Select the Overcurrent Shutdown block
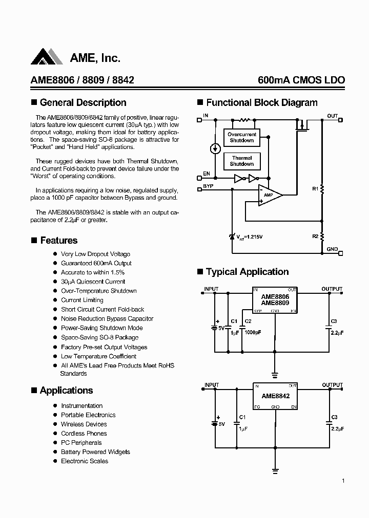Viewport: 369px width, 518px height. [241, 137]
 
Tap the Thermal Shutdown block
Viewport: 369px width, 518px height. [241, 161]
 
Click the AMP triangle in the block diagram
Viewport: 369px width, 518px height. [270, 195]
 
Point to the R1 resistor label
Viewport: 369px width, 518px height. [315, 189]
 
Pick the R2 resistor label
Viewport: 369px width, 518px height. [315, 236]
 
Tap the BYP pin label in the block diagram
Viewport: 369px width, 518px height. [208, 186]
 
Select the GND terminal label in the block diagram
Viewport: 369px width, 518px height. [332, 249]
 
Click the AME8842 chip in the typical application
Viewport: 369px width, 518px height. [275, 396]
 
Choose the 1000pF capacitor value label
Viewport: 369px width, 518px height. [252, 332]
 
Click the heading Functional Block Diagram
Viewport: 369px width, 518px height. [261, 102]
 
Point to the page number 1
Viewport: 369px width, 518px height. [343, 481]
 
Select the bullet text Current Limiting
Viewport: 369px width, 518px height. [82, 300]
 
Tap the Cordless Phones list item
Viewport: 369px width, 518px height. [84, 434]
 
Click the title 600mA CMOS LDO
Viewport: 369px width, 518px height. [301, 80]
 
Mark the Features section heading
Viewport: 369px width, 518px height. [58, 241]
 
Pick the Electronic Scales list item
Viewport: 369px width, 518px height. [85, 461]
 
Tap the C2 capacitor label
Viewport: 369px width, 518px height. [248, 321]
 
